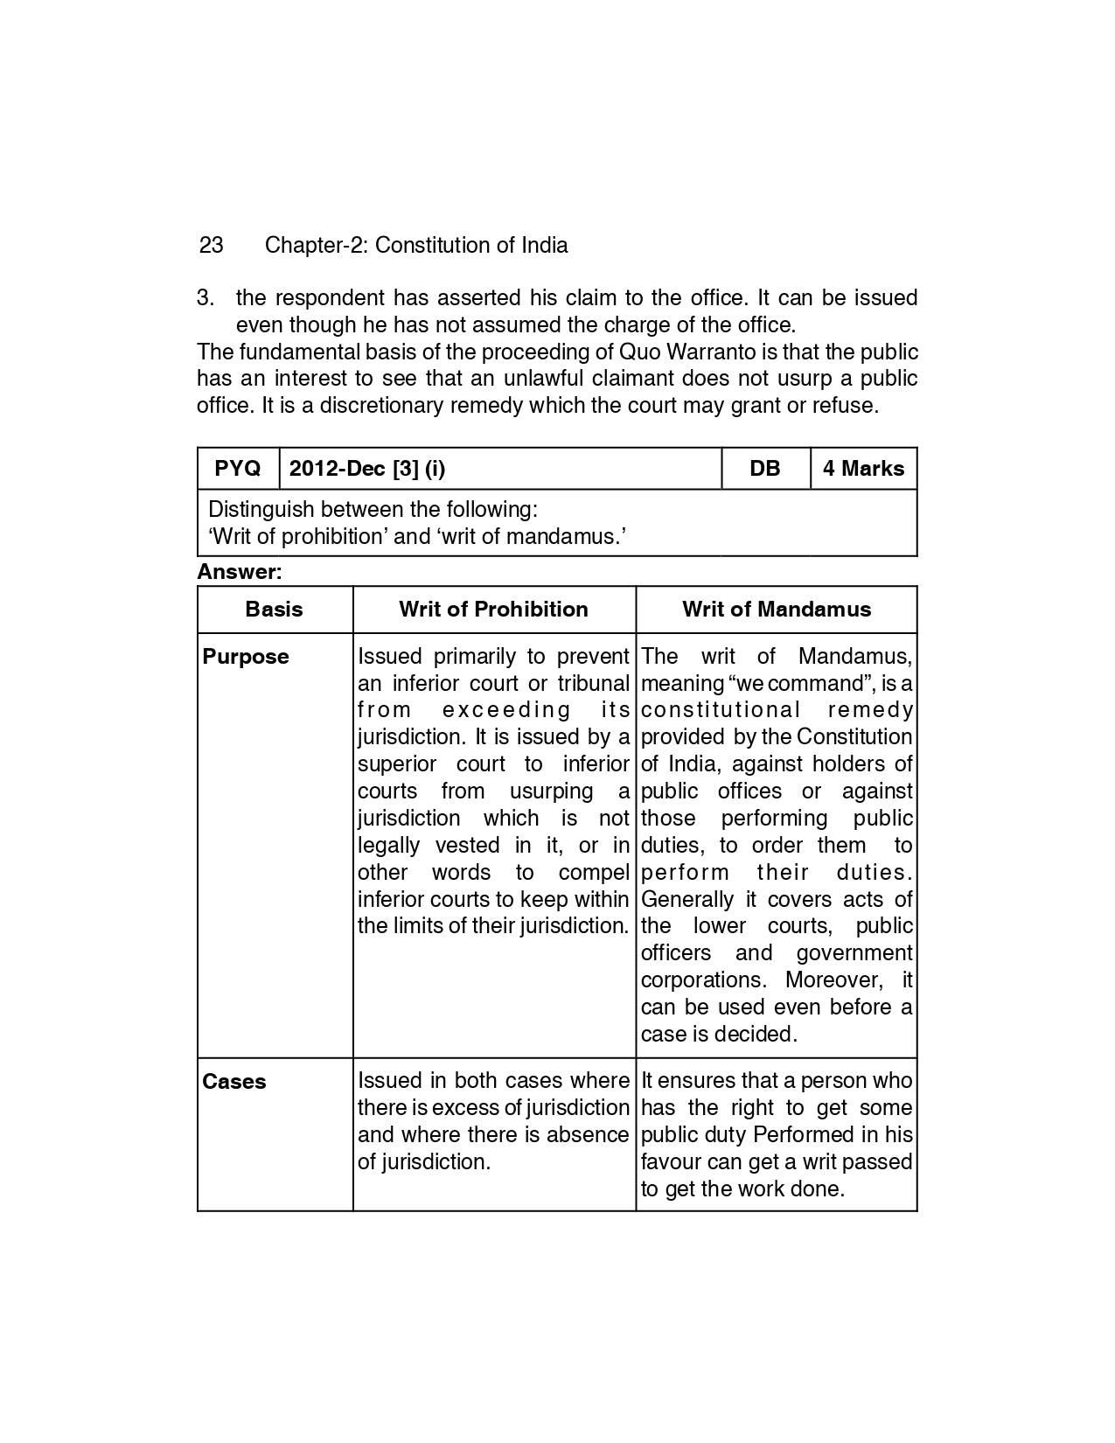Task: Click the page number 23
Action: tap(211, 245)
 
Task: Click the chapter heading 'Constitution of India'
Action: tap(471, 245)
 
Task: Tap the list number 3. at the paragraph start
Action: tap(206, 298)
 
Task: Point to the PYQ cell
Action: tap(238, 469)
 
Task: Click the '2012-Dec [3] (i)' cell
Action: tap(367, 469)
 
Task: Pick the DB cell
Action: tap(765, 469)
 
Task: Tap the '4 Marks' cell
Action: tap(863, 469)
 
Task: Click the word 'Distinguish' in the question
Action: tap(261, 509)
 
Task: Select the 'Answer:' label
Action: tap(240, 572)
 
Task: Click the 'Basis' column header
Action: tap(275, 610)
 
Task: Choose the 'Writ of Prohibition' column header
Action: tap(493, 610)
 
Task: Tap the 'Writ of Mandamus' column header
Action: tap(777, 610)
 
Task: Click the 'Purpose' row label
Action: tap(246, 657)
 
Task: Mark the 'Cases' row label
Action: tap(234, 1082)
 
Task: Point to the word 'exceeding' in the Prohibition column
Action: tap(506, 710)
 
